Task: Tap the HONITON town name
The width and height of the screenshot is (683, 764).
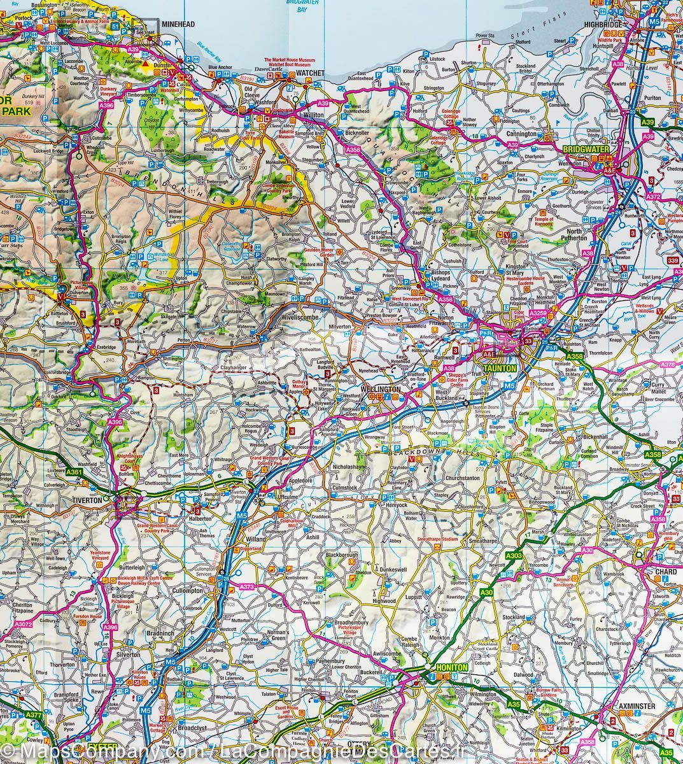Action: [x=452, y=667]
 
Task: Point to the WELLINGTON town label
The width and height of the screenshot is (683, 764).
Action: [x=380, y=388]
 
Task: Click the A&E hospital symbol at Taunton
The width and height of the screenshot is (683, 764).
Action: [x=489, y=353]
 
